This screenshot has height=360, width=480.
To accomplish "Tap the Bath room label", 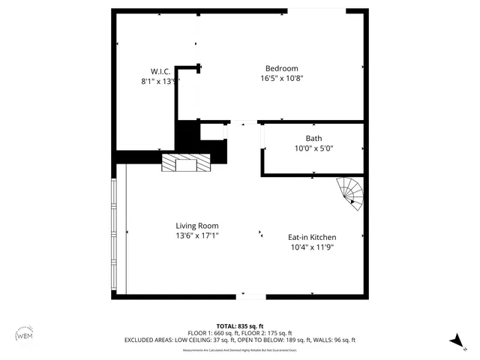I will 313,138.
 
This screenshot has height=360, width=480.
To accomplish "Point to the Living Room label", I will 197,226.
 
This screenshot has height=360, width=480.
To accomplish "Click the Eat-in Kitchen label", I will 312,237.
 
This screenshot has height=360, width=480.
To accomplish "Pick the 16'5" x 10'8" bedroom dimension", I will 281,78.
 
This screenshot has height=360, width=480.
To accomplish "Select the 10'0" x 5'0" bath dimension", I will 313,148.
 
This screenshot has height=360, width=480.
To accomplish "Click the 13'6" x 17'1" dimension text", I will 197,235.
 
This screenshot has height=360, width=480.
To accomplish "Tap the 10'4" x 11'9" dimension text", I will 312,247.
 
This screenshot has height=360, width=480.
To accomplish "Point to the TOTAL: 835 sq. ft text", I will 240,326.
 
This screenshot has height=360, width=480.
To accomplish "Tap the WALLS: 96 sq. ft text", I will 335,340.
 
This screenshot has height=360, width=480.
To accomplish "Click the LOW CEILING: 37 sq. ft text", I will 203,340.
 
